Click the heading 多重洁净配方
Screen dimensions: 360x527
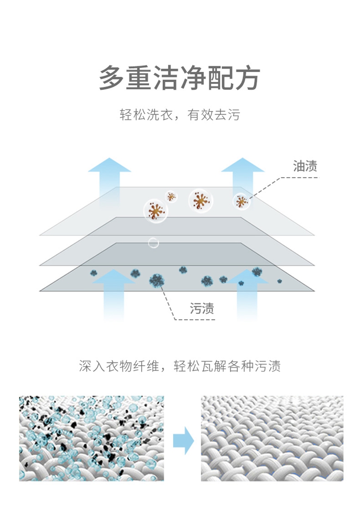[180, 78]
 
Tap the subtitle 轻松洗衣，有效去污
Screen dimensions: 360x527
[180, 115]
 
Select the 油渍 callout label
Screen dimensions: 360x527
[305, 166]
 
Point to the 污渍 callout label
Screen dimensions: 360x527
[202, 308]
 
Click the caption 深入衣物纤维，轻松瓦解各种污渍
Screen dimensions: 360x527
[180, 366]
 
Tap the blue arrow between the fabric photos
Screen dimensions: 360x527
[183, 441]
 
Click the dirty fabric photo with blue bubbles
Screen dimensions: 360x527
[91, 438]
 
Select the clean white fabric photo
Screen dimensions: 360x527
[272, 438]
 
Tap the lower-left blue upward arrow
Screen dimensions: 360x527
[114, 294]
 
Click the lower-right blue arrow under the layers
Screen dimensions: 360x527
[247, 294]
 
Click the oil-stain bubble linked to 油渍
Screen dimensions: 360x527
[241, 201]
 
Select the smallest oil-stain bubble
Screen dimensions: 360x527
[171, 197]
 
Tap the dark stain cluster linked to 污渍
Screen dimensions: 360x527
[156, 280]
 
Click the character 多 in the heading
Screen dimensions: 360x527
[112, 78]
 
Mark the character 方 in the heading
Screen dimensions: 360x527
[248, 78]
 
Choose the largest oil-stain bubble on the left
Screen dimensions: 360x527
[156, 211]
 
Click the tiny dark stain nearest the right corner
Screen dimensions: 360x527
[279, 281]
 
